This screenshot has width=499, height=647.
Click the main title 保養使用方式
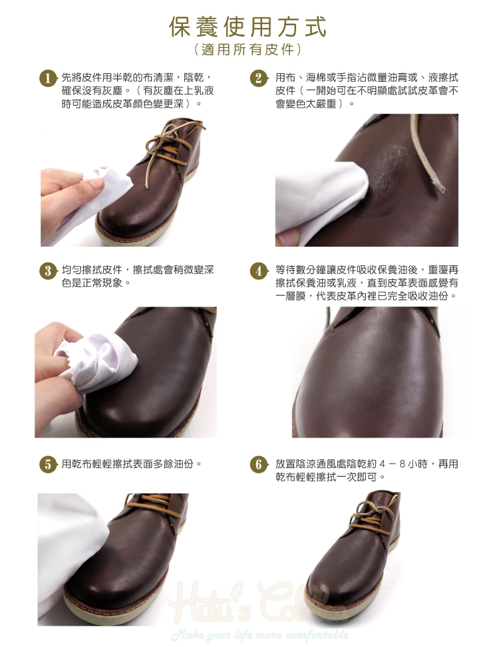tap(248, 27)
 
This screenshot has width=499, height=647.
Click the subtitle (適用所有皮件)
tap(248, 50)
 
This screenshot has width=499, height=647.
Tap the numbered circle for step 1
tap(49, 78)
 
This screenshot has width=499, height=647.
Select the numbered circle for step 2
tap(259, 78)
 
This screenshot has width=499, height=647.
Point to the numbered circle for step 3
tap(49, 271)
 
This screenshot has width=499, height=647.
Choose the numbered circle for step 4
tap(259, 271)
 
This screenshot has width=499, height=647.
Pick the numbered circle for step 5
tap(49, 465)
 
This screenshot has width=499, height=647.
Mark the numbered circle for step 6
tap(259, 465)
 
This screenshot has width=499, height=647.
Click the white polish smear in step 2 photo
tap(390, 165)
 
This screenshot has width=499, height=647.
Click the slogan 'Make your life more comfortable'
tap(260, 634)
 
